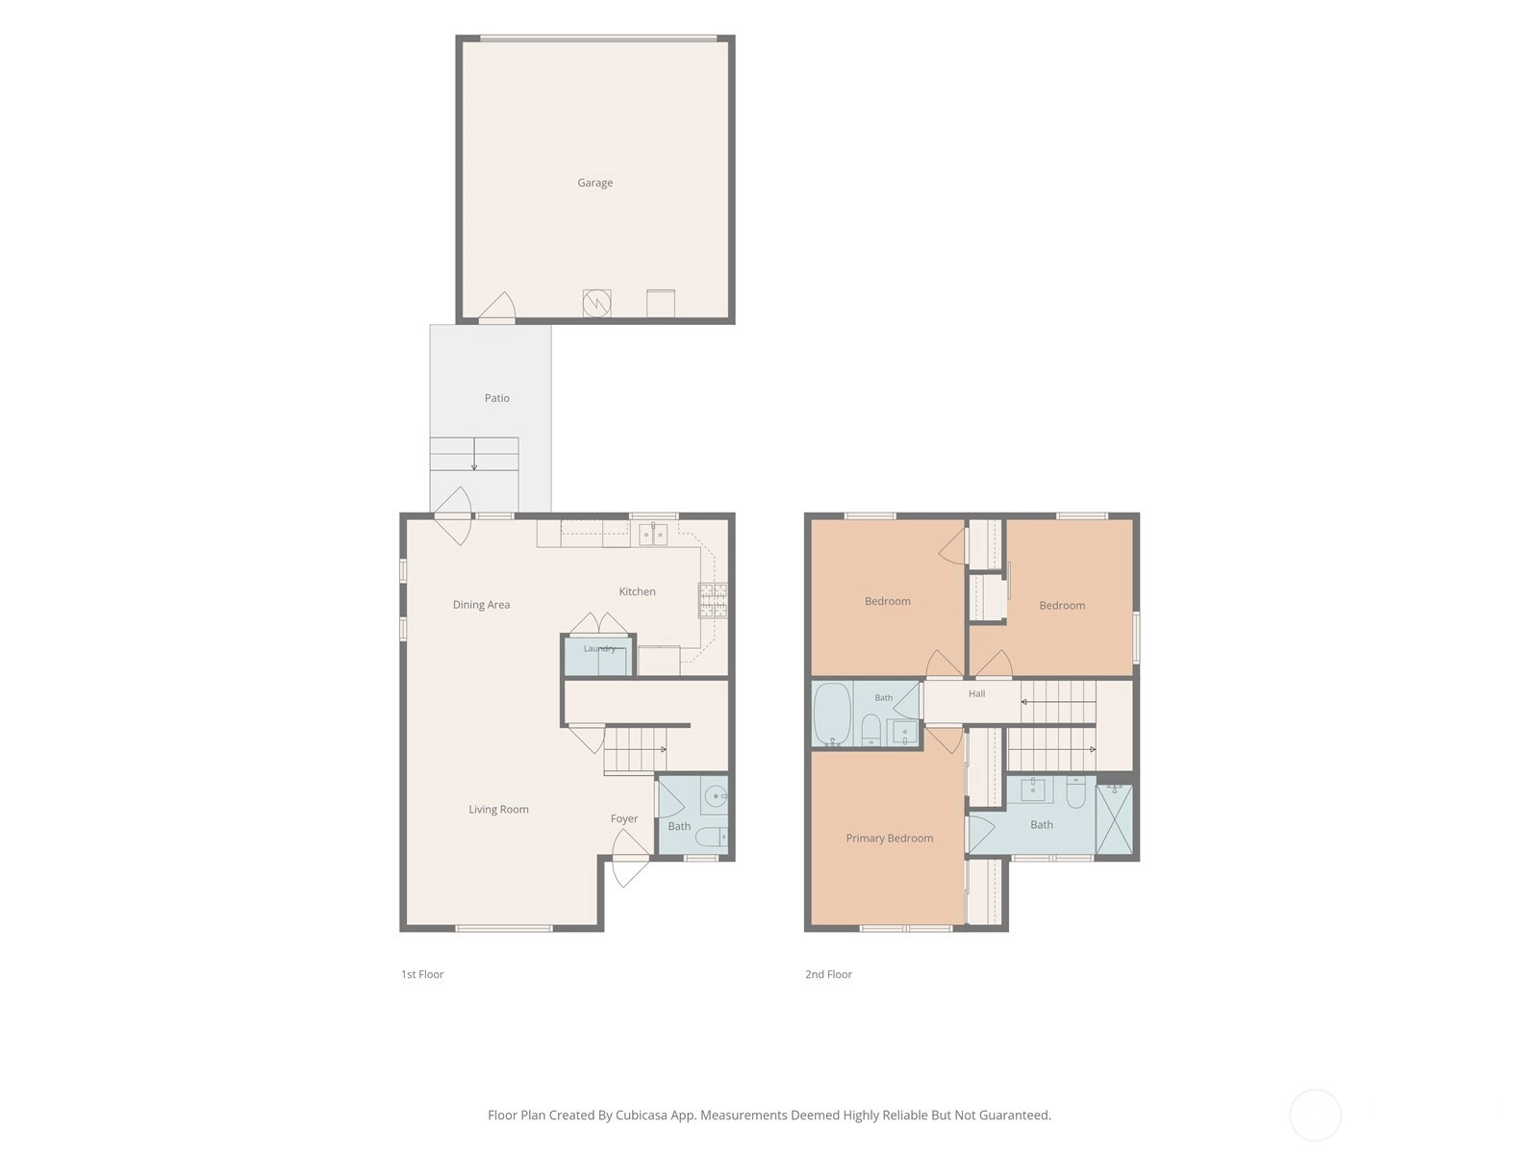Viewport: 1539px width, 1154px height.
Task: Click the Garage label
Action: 594,183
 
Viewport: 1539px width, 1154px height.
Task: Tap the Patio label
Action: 496,398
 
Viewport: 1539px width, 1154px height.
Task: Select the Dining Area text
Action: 481,605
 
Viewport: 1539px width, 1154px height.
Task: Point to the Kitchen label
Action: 637,591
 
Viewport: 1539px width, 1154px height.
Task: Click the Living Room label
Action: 498,810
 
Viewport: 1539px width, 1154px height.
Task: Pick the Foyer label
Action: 624,818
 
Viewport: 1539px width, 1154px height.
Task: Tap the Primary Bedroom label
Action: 889,838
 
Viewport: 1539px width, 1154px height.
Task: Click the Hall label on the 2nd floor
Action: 976,693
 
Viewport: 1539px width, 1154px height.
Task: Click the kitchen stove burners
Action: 713,600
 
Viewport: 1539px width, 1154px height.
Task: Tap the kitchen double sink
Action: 653,535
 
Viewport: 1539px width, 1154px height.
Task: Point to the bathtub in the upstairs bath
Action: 832,714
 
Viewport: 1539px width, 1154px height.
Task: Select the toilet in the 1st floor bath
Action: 715,837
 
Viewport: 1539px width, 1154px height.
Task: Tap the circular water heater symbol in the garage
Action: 596,303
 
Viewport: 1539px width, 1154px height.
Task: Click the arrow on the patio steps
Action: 474,454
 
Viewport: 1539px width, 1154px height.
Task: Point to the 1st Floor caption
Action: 422,974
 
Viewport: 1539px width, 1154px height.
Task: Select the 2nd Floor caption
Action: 828,974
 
